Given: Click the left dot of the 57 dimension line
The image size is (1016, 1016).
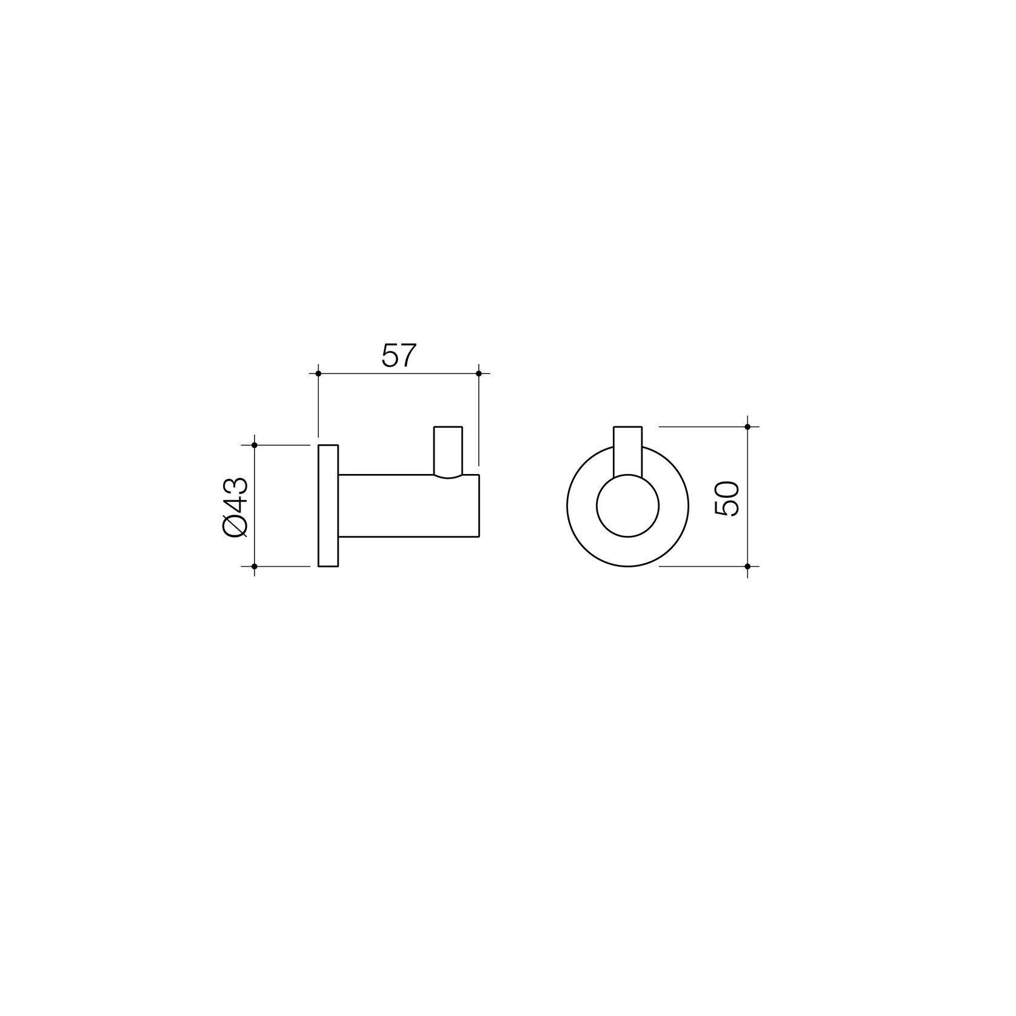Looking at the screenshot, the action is pyautogui.click(x=318, y=373).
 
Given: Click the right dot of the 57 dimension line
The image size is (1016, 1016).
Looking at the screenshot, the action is pyautogui.click(x=479, y=373).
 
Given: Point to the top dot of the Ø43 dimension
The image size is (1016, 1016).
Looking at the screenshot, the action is pyautogui.click(x=255, y=445).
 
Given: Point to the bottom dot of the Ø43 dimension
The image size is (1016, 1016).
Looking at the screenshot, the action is pyautogui.click(x=255, y=566).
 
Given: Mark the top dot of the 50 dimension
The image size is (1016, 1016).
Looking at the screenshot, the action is pyautogui.click(x=747, y=427).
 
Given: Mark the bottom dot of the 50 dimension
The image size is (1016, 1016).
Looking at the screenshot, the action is pyautogui.click(x=747, y=566).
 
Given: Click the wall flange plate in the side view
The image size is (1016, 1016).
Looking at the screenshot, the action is pyautogui.click(x=328, y=506).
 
